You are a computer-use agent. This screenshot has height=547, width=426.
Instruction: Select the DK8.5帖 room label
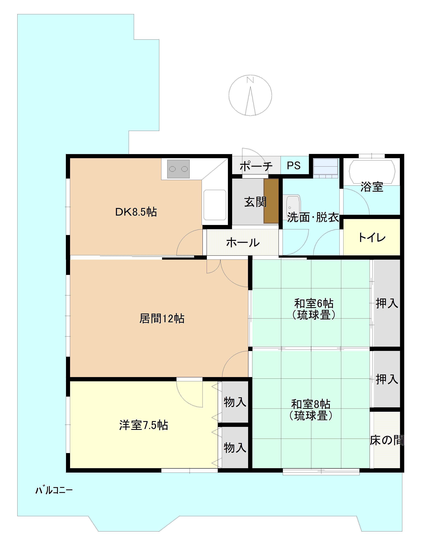click(x=136, y=212)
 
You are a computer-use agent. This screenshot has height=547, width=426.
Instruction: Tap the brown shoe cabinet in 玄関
click(x=271, y=201)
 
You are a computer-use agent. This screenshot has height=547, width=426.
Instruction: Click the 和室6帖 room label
click(x=314, y=303)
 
